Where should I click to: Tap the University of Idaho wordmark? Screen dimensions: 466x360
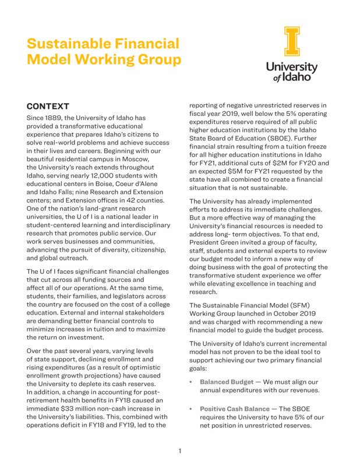pyautogui.click(x=292, y=71)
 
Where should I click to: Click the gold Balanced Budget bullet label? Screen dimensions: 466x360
pyautogui.click(x=227, y=382)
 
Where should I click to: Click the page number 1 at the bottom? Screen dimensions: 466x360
pyautogui.click(x=180, y=450)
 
